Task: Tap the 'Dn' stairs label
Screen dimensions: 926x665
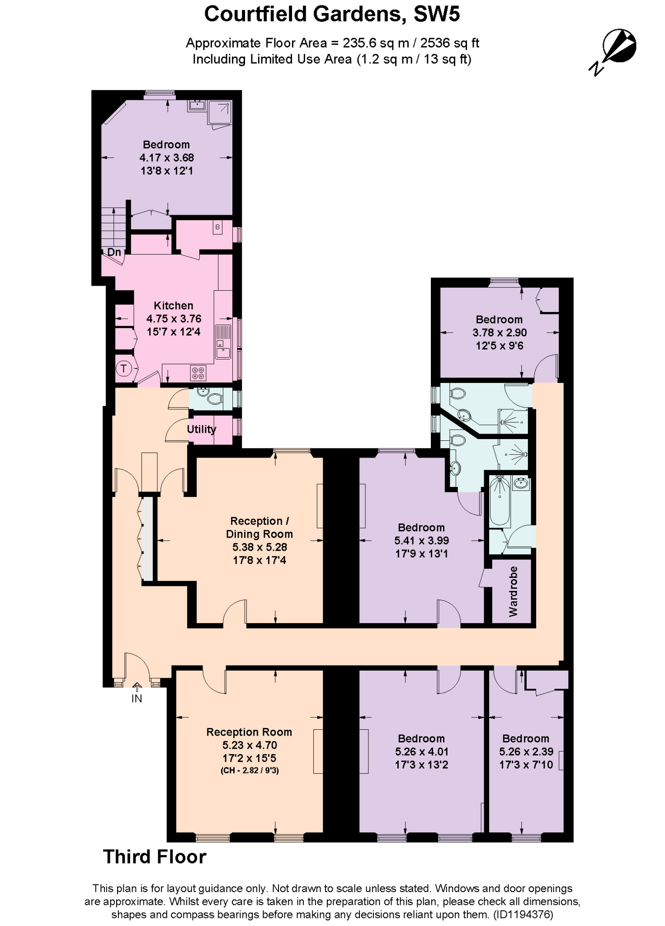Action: pyautogui.click(x=114, y=252)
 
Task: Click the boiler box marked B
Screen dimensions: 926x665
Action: pyautogui.click(x=218, y=227)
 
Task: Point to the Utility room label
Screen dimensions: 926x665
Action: pyautogui.click(x=202, y=429)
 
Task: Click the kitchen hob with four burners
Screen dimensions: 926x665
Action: pyautogui.click(x=198, y=373)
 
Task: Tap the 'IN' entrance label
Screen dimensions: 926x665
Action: pyautogui.click(x=137, y=699)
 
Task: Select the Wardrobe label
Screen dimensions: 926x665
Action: pyautogui.click(x=513, y=591)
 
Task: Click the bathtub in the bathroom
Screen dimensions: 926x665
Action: pyautogui.click(x=500, y=500)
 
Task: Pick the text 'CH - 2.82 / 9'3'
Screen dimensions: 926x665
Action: pyautogui.click(x=250, y=770)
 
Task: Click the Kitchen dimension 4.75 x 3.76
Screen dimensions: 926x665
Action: pyautogui.click(x=174, y=319)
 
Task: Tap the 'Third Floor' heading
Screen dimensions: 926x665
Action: pyautogui.click(x=155, y=857)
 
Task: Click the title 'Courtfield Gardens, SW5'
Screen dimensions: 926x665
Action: pyautogui.click(x=332, y=14)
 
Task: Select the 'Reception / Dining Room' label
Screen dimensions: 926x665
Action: pyautogui.click(x=259, y=527)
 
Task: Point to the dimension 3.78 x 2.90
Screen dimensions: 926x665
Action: pyautogui.click(x=500, y=333)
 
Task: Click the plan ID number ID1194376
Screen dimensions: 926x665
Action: pyautogui.click(x=524, y=915)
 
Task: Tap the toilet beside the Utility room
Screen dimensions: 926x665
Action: pyautogui.click(x=213, y=399)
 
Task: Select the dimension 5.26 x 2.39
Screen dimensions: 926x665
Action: pyautogui.click(x=526, y=751)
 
